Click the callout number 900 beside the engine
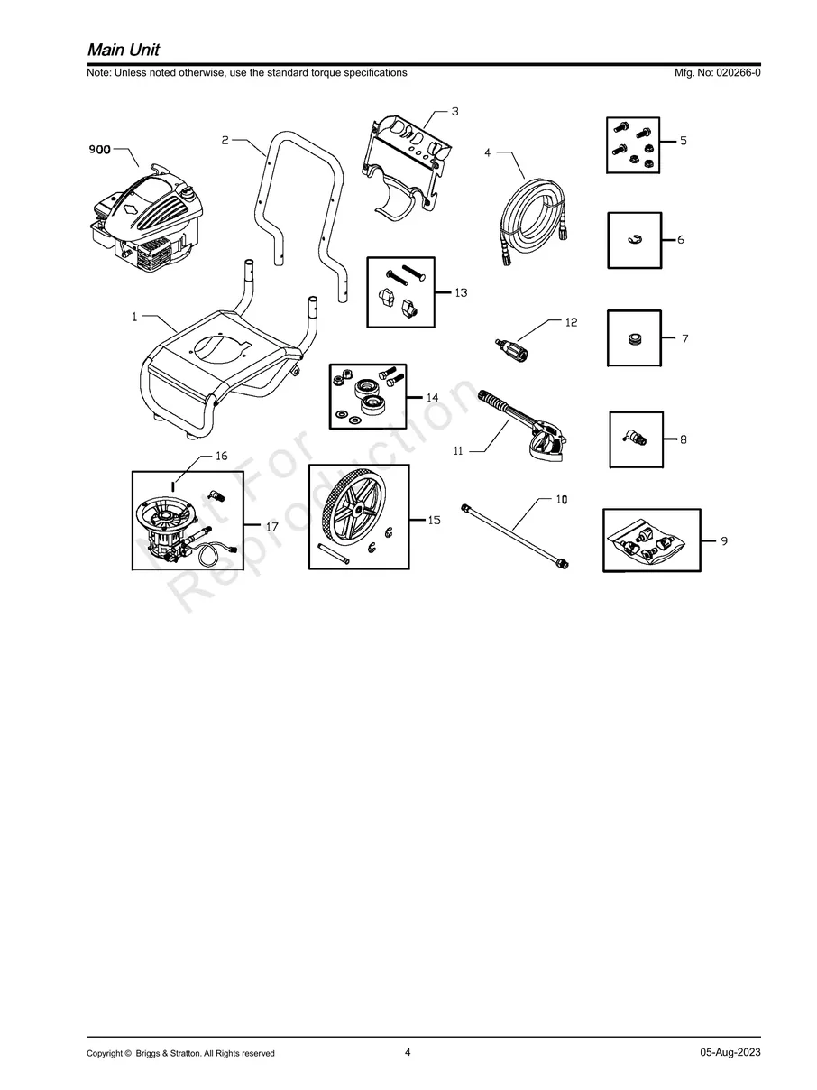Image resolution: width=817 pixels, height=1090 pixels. pyautogui.click(x=100, y=151)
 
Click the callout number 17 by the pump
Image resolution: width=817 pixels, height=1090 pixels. pyautogui.click(x=271, y=526)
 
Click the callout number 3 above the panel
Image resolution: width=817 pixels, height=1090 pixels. pyautogui.click(x=454, y=112)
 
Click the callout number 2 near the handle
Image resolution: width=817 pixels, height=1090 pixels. pyautogui.click(x=225, y=140)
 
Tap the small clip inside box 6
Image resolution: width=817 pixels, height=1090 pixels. pyautogui.click(x=634, y=241)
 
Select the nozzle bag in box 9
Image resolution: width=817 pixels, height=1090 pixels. pyautogui.click(x=649, y=541)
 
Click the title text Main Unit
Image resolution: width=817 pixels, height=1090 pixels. pyautogui.click(x=124, y=50)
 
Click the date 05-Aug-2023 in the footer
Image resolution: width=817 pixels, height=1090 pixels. pyautogui.click(x=730, y=1052)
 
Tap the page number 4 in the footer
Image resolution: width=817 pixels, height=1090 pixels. pyautogui.click(x=408, y=1052)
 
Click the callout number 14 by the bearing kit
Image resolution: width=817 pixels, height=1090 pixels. pyautogui.click(x=432, y=398)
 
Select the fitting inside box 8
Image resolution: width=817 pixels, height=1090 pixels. pyautogui.click(x=635, y=439)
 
